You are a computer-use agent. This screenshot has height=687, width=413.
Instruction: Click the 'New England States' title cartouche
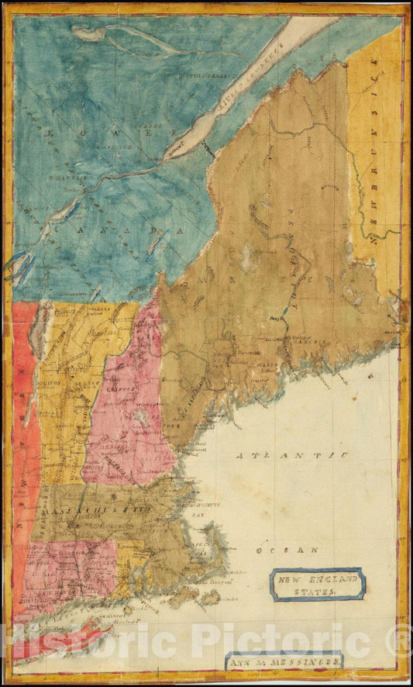click(x=317, y=585)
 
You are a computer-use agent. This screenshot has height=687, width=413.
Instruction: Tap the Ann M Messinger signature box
click(x=284, y=661)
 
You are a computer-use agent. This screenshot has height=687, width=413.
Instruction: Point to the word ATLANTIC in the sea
click(x=293, y=455)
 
